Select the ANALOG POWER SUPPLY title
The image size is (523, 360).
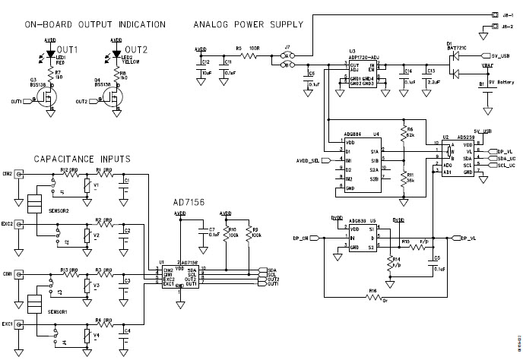pyautogui.click(x=249, y=25)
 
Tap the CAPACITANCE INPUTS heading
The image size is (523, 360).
pyautogui.click(x=81, y=159)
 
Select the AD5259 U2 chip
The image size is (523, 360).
pyautogui.click(x=458, y=158)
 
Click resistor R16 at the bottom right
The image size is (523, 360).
pyautogui.click(x=372, y=298)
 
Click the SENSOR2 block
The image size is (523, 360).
pyautogui.click(x=33, y=203)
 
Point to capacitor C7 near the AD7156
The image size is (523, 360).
pyautogui.click(x=201, y=232)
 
